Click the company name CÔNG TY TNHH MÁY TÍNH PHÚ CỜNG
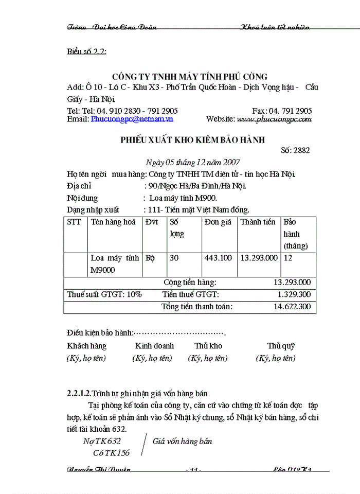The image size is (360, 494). click(190, 77)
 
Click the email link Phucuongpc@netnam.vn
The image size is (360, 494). click(132, 119)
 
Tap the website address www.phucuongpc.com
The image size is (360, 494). click(274, 119)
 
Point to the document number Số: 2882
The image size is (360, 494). click(295, 150)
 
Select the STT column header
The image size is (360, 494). click(74, 222)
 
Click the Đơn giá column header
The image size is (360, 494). click(219, 222)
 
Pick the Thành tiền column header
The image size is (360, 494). click(258, 222)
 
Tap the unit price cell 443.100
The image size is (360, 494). click(218, 258)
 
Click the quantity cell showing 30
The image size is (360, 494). click(174, 258)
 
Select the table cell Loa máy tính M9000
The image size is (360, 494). click(115, 263)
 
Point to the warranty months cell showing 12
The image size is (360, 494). click(288, 258)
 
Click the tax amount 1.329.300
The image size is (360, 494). click(294, 294)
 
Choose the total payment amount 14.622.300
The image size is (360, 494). click(291, 307)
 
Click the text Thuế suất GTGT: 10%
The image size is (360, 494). click(104, 294)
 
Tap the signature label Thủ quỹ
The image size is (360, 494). click(281, 346)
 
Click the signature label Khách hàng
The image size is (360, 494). click(86, 346)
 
